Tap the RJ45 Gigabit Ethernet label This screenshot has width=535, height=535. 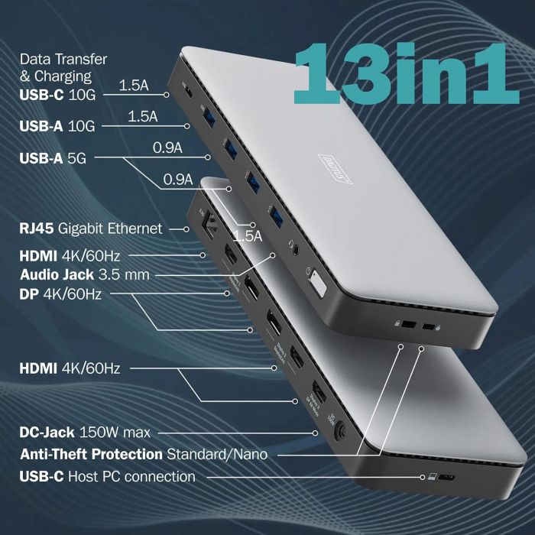point(91,228)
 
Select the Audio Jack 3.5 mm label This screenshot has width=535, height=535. point(85,274)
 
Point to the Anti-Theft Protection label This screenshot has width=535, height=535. point(143,454)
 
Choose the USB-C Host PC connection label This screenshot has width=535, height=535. point(107,477)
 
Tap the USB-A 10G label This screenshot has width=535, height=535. point(57,126)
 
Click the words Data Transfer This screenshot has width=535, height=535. point(63,59)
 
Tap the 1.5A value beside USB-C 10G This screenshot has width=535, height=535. point(133,86)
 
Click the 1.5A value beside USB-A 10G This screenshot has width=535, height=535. point(142,116)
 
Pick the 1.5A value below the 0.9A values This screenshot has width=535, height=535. point(247,236)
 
